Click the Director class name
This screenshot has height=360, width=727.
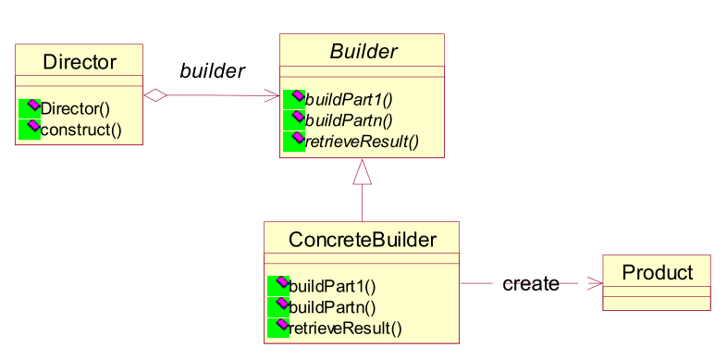tap(80, 62)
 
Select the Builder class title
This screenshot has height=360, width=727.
tap(363, 52)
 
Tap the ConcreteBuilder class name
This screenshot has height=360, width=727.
tap(362, 240)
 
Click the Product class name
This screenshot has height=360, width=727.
tap(657, 272)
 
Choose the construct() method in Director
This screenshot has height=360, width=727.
tap(81, 127)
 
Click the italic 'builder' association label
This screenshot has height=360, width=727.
tap(212, 71)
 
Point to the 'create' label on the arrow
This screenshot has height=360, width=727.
tap(530, 283)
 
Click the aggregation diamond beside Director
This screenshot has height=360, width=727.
tap(154, 94)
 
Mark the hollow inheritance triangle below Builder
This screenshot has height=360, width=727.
tap(362, 171)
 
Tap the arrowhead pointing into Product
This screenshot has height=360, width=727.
tap(595, 283)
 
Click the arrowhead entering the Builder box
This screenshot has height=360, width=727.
tap(273, 95)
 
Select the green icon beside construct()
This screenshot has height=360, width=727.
tap(29, 127)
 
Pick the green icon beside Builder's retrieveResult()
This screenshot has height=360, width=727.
tap(294, 141)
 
